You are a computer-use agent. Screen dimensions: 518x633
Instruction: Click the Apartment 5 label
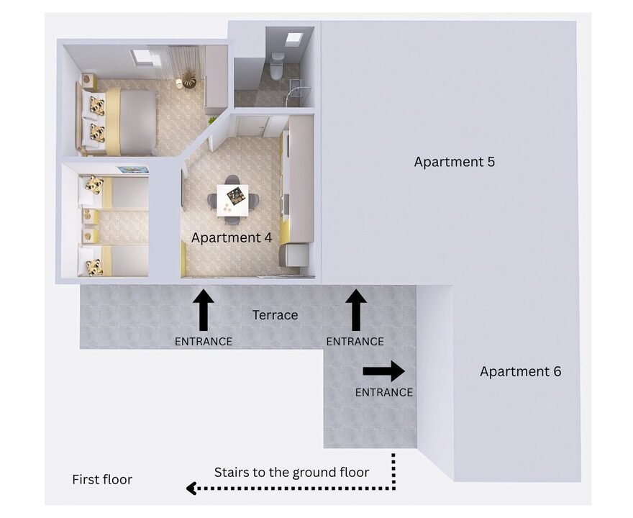tap(454, 162)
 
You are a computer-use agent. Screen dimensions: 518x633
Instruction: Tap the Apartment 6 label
tap(520, 371)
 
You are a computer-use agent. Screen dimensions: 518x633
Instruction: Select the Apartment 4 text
tap(232, 237)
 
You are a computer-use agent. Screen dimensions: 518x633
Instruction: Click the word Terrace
tap(275, 315)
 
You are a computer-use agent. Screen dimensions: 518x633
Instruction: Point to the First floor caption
tap(102, 479)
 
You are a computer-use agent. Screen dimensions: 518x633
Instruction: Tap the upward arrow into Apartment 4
tap(204, 309)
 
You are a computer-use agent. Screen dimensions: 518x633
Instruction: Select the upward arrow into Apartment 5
tap(355, 309)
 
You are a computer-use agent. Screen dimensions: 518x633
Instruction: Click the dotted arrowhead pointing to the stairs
tap(192, 489)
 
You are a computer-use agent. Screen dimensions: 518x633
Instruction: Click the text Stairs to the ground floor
tap(291, 472)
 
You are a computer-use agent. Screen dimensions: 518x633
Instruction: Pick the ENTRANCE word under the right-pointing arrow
tap(384, 392)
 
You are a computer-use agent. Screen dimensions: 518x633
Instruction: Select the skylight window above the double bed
tap(144, 56)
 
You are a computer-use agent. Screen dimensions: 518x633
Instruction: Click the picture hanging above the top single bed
tap(133, 170)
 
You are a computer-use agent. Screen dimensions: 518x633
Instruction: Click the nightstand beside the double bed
tap(88, 81)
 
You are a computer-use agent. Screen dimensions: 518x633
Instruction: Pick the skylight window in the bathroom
tap(293, 39)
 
